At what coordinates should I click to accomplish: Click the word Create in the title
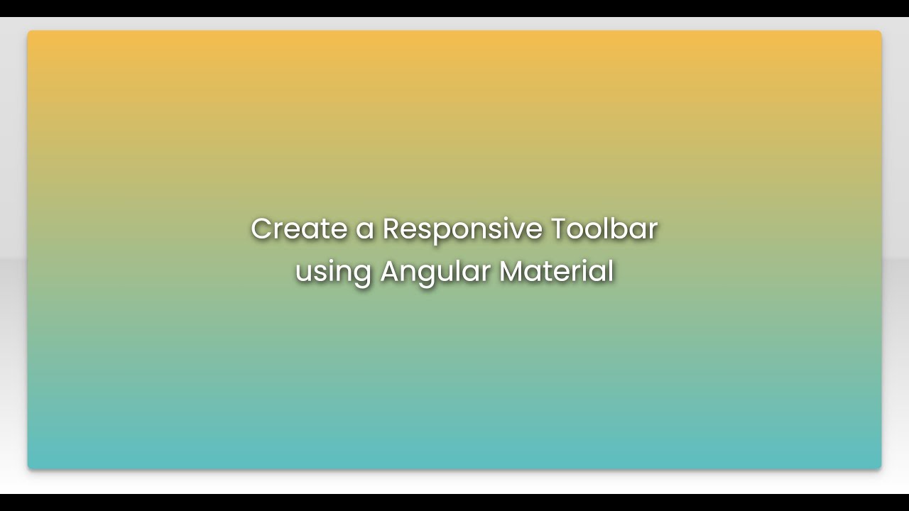click(x=289, y=229)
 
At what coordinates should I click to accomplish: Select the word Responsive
click(x=462, y=229)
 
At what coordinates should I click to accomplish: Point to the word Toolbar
click(x=604, y=229)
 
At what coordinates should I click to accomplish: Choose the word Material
click(x=556, y=271)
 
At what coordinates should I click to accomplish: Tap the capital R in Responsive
click(x=392, y=229)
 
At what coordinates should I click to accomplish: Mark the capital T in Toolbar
click(x=559, y=229)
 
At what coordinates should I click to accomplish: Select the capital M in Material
click(x=511, y=271)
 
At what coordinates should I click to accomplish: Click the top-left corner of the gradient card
click(x=29, y=32)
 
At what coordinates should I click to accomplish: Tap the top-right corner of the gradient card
click(x=880, y=32)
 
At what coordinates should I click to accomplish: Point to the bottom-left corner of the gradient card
click(x=29, y=468)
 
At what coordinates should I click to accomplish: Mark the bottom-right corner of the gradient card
click(x=880, y=468)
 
